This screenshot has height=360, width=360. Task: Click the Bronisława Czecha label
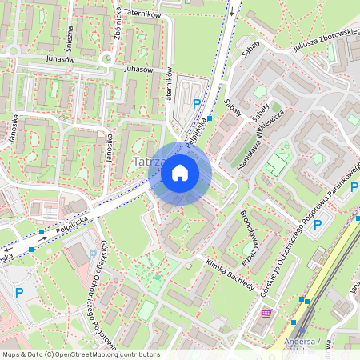[x=248, y=233]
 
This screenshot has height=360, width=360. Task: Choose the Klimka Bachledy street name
[x=230, y=274]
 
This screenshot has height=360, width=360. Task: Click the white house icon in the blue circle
[x=180, y=173]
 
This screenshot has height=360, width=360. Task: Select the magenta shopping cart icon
[x=266, y=313]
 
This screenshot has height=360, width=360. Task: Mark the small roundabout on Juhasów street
[x=106, y=58]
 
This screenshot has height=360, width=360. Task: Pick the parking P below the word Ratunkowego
[x=317, y=225]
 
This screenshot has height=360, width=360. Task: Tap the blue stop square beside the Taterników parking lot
[x=210, y=118]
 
